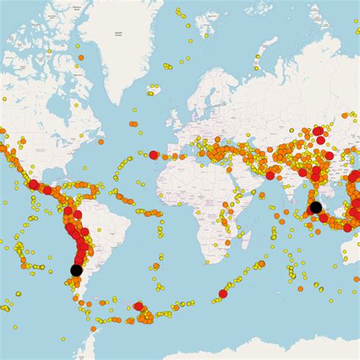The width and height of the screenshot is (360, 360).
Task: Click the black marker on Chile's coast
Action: pos(76,270)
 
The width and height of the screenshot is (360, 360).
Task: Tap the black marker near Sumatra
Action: pos(315,207)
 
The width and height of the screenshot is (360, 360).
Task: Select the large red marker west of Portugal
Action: pos(153,155)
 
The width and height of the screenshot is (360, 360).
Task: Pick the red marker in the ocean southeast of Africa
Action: pos(223,293)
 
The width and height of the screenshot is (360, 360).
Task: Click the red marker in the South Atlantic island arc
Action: pos(138,306)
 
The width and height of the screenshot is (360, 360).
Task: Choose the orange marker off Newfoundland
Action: pos(101,141)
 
